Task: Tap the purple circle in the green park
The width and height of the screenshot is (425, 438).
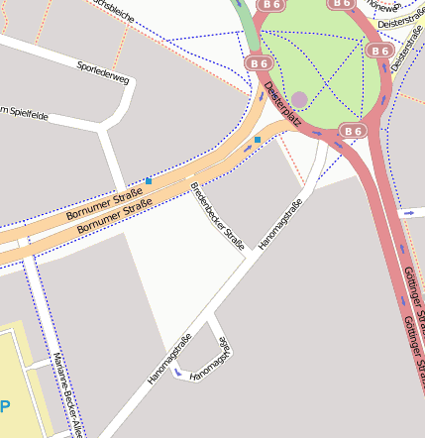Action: click(299, 99)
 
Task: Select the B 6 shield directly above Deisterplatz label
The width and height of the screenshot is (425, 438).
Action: click(260, 63)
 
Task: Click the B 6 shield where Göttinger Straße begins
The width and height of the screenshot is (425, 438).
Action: click(354, 130)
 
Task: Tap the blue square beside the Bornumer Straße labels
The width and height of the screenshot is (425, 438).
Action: click(149, 180)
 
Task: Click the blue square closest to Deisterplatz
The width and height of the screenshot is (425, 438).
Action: click(258, 140)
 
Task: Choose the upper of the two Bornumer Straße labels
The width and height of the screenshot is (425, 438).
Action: click(103, 201)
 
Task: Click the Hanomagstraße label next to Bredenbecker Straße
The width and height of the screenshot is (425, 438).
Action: click(280, 225)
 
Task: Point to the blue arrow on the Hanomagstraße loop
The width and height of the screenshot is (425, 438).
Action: click(177, 373)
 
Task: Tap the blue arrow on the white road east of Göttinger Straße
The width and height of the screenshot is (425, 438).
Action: click(408, 213)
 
